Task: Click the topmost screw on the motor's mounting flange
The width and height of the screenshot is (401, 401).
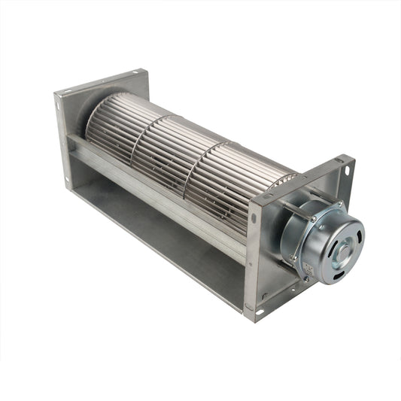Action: [313, 219]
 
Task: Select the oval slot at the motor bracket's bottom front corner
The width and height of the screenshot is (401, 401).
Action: [260, 311]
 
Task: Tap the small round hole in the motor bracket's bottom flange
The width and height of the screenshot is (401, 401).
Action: [264, 295]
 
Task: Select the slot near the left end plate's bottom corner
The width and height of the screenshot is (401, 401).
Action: [68, 181]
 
